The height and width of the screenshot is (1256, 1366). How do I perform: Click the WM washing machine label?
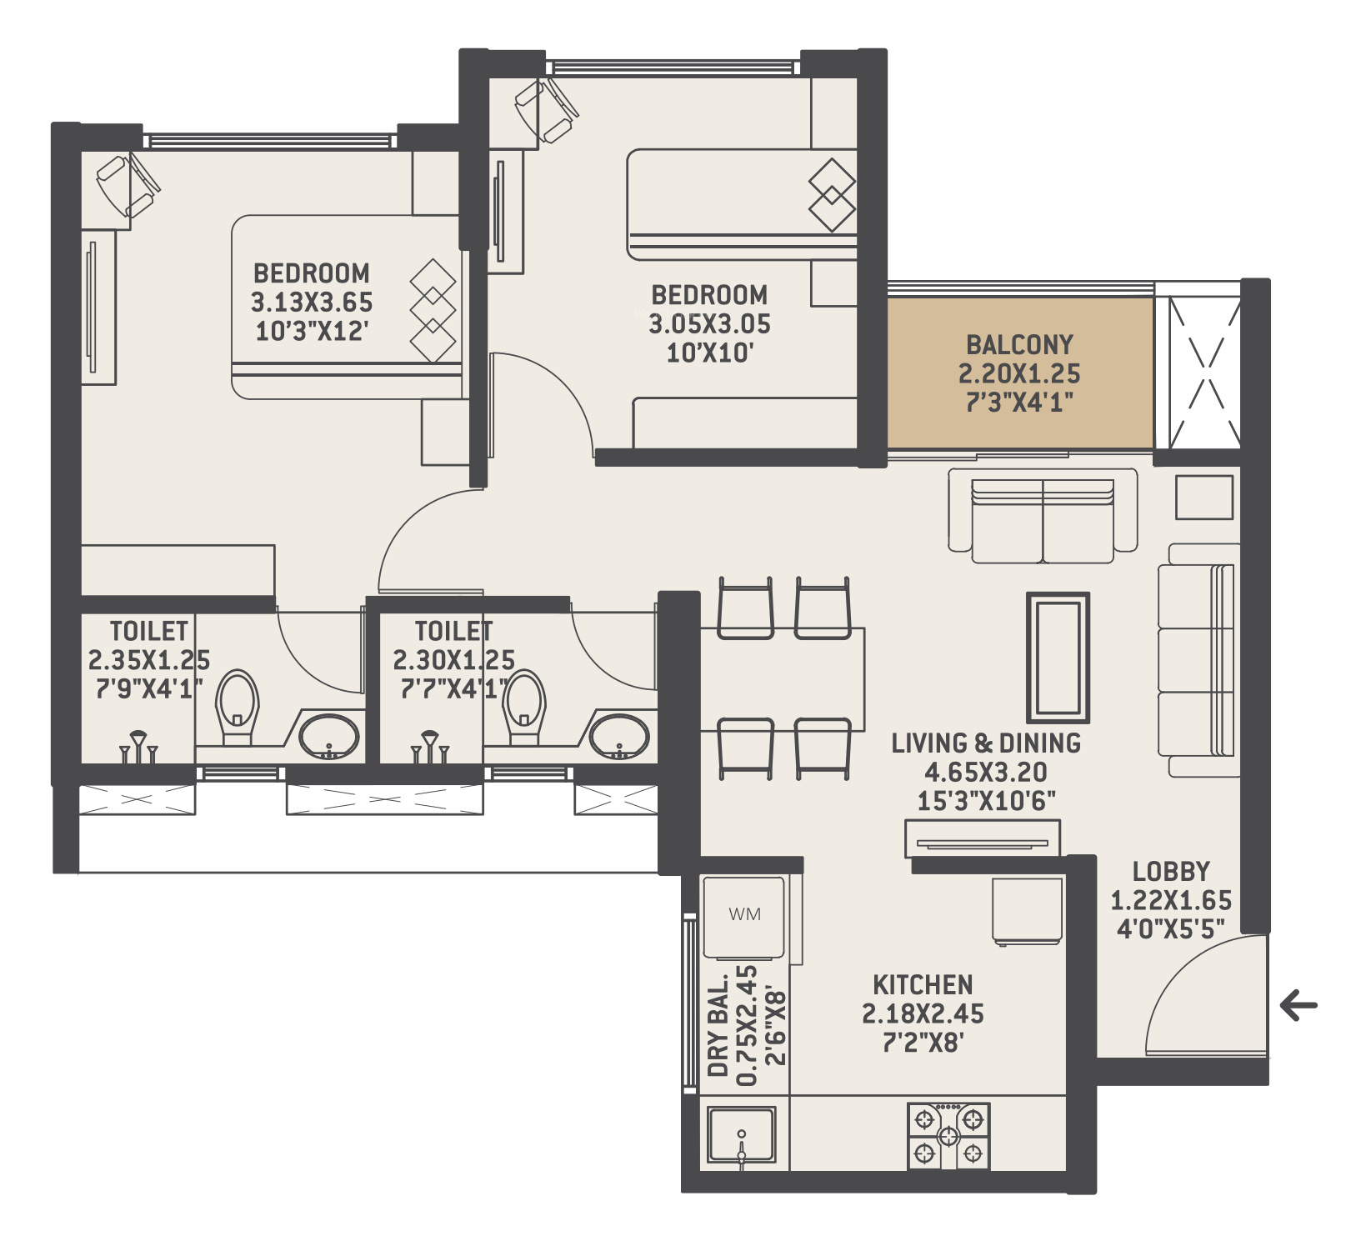[744, 914]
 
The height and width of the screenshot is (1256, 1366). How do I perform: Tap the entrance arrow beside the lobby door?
[1298, 1005]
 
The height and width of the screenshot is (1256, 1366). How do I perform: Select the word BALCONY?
[1019, 344]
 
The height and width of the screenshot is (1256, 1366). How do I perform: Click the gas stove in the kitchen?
[948, 1135]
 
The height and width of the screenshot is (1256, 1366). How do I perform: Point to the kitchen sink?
[742, 1134]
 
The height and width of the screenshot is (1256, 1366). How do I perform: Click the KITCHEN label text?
[923, 985]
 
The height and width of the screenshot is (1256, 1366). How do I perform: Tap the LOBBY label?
[1171, 872]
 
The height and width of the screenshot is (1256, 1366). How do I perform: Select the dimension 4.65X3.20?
[986, 773]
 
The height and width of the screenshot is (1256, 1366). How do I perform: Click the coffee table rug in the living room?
[1058, 657]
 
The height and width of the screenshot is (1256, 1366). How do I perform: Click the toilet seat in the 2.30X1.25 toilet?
[525, 707]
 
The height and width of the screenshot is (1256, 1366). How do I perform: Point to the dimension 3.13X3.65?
[312, 303]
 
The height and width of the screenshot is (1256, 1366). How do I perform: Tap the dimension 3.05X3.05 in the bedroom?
[710, 324]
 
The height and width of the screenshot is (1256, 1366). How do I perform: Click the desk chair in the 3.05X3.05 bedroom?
[547, 111]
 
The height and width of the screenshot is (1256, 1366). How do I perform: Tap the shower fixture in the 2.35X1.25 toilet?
[138, 747]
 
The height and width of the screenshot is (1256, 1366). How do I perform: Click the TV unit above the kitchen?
[983, 838]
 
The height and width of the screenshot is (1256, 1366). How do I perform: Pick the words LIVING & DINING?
[986, 743]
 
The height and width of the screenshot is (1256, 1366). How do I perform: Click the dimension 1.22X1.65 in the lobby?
[1171, 901]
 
